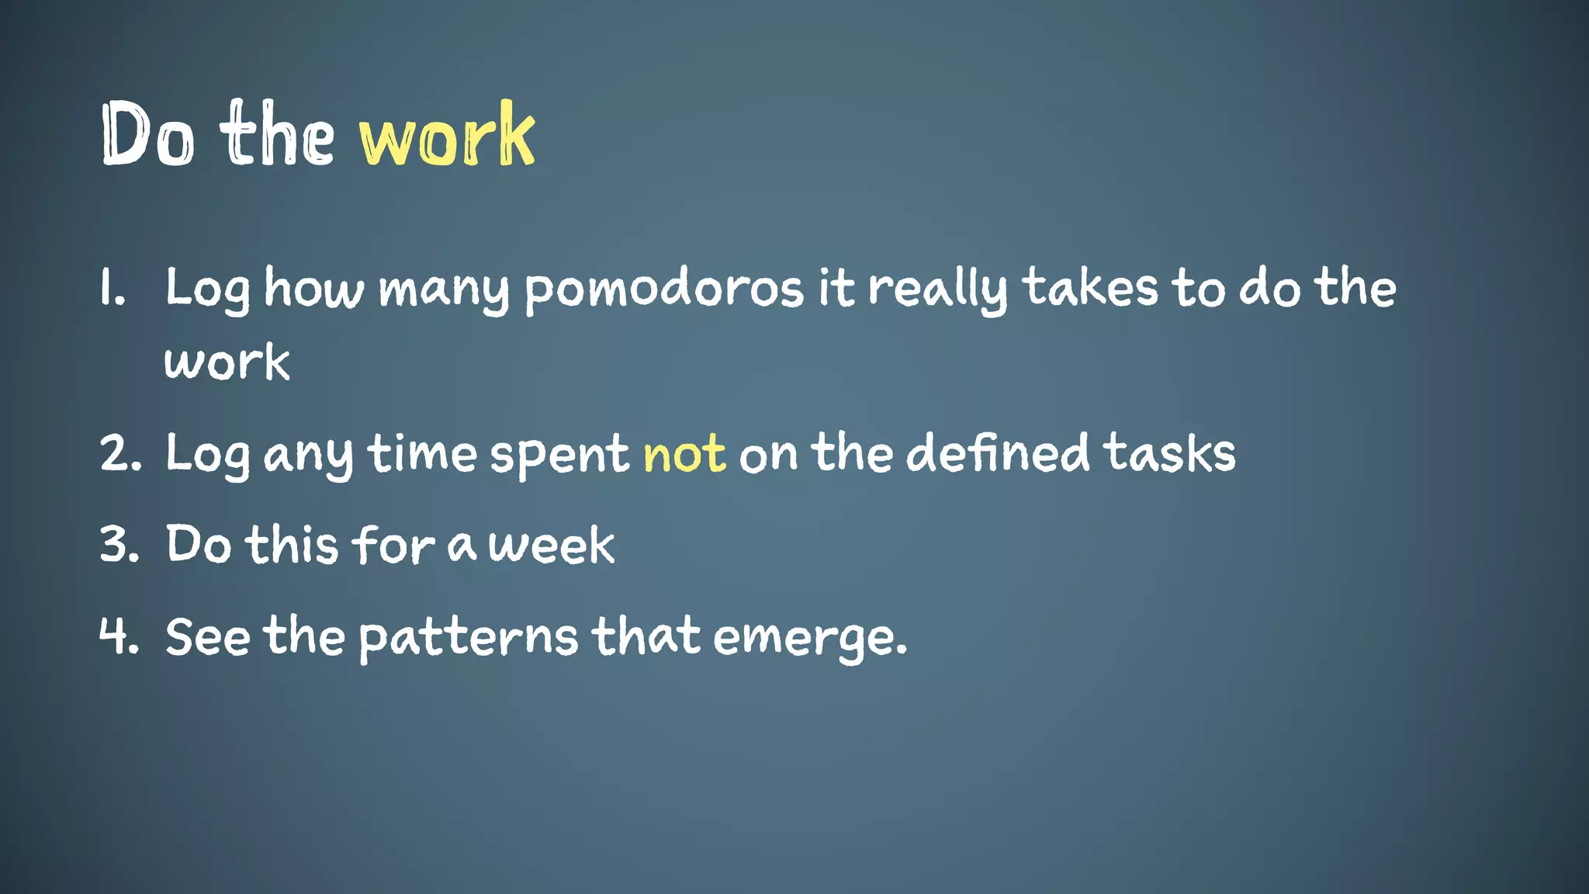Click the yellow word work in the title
pos(447,136)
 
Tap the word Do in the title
pos(147,136)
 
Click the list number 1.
pos(112,289)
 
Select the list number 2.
pos(120,454)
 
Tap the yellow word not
pos(684,455)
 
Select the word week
pos(552,545)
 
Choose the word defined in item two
pos(998,453)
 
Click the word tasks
pos(1169,453)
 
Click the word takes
pos(1091,289)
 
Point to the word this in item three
pos(293,545)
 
